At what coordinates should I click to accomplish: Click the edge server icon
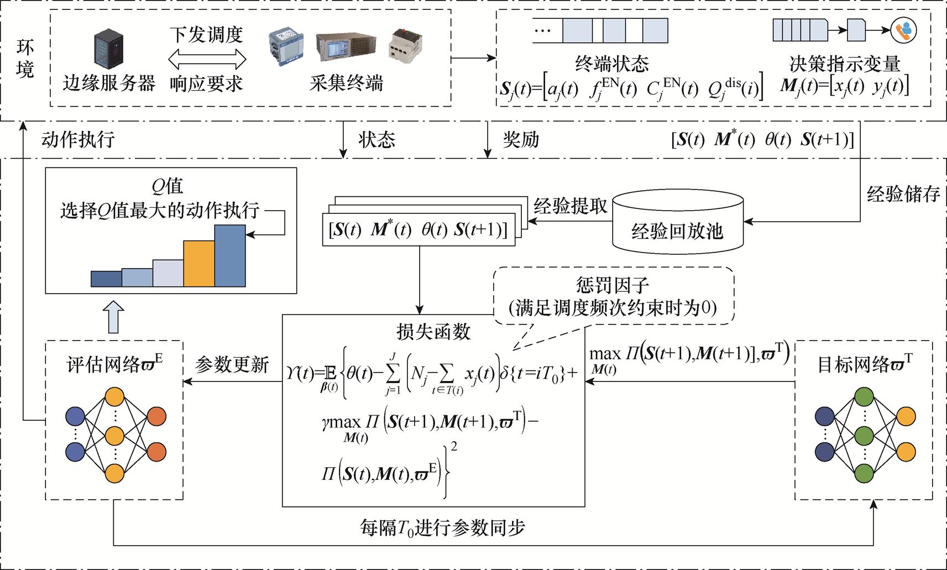coord(108,50)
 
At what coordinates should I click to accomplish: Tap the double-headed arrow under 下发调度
coord(207,59)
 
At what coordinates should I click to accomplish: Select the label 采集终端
coord(346,83)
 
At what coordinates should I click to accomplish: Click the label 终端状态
coord(611,64)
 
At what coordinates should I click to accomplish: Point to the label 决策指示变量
coord(844,64)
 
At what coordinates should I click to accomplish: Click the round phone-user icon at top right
coord(903,30)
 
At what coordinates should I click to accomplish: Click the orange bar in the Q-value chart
coord(199,263)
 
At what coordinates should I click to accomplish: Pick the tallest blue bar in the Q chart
coord(230,255)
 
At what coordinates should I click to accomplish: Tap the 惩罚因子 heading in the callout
coord(612,286)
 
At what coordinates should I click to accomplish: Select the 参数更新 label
coord(232,365)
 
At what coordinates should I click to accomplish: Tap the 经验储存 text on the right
coord(903,194)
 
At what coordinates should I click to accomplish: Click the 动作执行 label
coord(78,139)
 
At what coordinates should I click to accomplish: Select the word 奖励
coord(521,139)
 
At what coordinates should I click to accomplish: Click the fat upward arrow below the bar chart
coord(113,317)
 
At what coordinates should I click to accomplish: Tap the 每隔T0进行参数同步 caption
coord(442,527)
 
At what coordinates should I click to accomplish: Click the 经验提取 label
coord(570,206)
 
